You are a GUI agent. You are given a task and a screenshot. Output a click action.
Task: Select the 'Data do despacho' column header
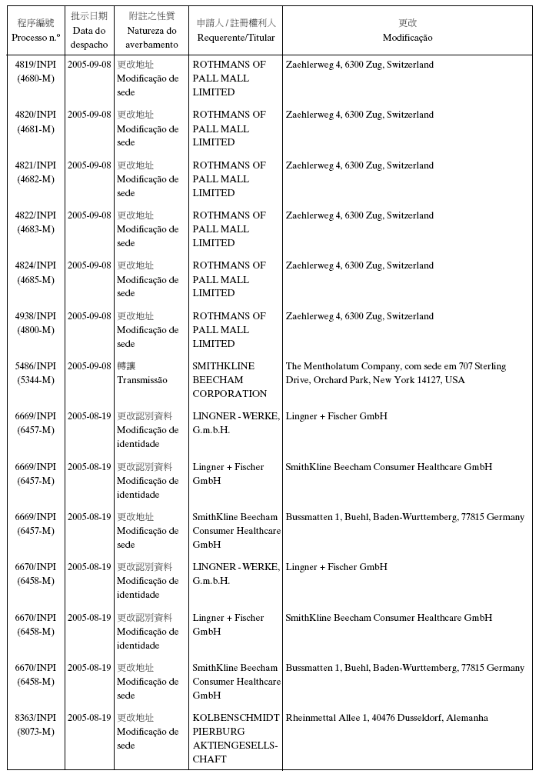coord(89,38)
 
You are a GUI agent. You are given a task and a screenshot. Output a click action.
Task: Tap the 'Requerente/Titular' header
coord(235,38)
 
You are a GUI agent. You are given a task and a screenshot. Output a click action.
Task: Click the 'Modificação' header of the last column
coord(408,38)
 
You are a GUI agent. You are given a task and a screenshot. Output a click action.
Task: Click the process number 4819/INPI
coord(35,65)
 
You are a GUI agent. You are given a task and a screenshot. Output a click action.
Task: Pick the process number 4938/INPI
coord(35,316)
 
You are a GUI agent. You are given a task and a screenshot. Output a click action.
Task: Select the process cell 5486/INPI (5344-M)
coord(35,373)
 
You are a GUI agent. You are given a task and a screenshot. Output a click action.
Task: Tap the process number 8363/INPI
coord(35,718)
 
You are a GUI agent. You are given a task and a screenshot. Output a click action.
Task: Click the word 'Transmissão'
coord(141,380)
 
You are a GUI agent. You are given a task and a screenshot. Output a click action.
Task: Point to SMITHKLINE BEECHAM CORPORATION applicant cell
coord(229,380)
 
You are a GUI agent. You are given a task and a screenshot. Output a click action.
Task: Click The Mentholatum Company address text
coord(395,373)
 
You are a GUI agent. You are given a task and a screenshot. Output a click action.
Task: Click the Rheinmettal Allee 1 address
coord(386,718)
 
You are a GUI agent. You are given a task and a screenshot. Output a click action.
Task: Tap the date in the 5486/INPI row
coord(89,366)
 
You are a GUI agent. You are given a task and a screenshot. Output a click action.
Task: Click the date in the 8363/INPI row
coord(89,718)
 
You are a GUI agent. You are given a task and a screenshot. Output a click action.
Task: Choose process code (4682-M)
coord(35,179)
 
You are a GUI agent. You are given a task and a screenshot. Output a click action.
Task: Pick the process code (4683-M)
coord(35,229)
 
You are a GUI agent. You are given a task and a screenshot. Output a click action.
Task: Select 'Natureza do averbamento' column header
coord(151,38)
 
